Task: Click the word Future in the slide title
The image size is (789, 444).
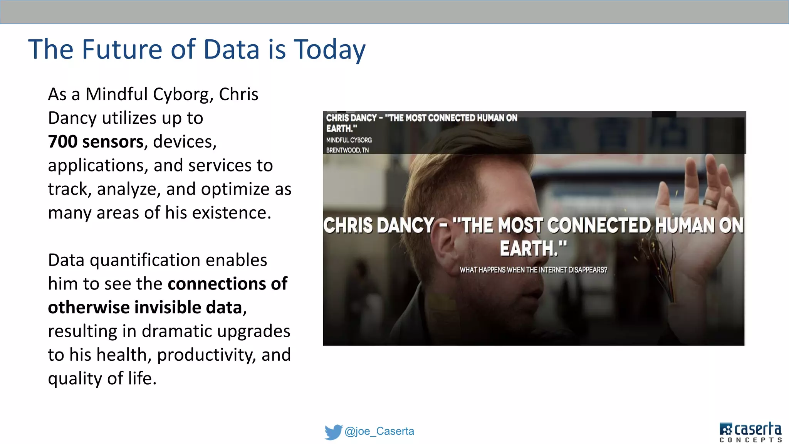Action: (x=122, y=49)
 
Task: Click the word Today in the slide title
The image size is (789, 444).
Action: (x=330, y=50)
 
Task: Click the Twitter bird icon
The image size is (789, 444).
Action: (x=333, y=432)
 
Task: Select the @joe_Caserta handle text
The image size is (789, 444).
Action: (x=379, y=431)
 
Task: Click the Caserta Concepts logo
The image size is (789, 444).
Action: (x=750, y=432)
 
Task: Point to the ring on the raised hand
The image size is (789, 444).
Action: (x=710, y=203)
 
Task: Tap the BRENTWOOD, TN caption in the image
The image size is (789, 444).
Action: (x=347, y=150)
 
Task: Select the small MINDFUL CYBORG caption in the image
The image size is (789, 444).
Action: (x=349, y=140)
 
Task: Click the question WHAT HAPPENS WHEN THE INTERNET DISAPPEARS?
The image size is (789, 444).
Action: (x=533, y=270)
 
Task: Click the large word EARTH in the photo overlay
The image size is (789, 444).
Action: (x=529, y=248)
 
